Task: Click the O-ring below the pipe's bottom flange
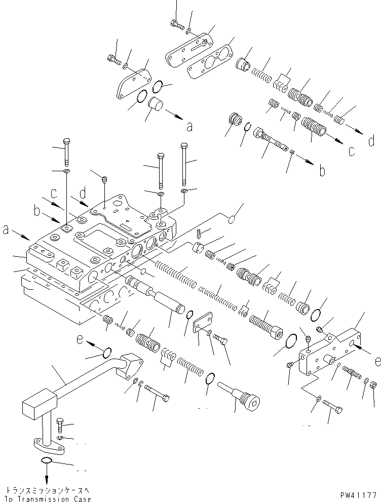coord(46,461)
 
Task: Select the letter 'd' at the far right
coord(371,140)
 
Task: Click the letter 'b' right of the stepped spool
coord(322,171)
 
